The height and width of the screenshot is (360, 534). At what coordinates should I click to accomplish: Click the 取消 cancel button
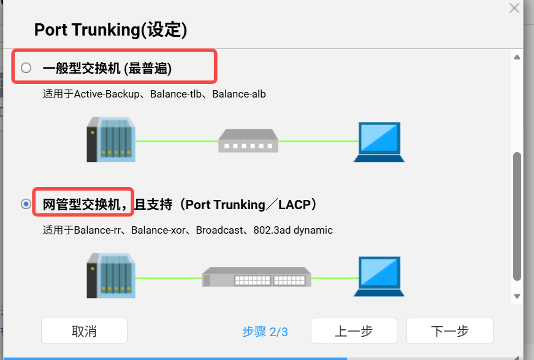point(84,331)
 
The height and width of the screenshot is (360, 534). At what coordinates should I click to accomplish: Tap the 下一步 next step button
point(449,331)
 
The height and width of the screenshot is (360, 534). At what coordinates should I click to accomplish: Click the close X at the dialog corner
point(514,8)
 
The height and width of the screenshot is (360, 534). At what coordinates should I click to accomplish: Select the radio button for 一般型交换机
point(26,68)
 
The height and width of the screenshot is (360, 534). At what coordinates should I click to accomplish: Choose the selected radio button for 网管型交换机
point(26,204)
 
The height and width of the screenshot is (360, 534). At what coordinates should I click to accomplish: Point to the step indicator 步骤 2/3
point(265,332)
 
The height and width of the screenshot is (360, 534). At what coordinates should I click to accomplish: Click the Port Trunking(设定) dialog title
point(110,29)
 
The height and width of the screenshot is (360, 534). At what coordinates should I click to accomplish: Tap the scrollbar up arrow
point(517,57)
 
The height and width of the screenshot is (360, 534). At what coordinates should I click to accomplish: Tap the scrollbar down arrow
point(517,296)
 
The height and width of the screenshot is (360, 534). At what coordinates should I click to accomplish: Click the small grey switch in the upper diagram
point(248,140)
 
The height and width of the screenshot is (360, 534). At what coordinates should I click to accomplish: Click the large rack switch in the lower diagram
point(256,277)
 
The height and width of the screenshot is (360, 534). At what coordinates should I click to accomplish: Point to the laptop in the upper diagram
point(380,142)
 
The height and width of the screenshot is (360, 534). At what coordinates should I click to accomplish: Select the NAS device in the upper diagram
point(111,139)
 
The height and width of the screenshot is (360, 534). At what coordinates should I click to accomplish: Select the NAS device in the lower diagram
point(111,276)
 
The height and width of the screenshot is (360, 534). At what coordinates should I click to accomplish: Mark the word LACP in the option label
point(294,204)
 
